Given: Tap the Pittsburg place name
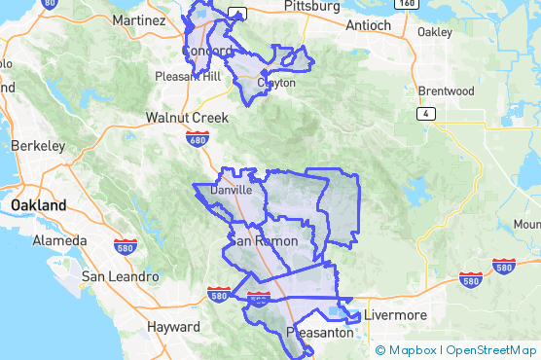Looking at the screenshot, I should tap(312, 6).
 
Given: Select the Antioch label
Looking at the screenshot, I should tap(368, 24).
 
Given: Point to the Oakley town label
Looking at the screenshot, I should tap(435, 31).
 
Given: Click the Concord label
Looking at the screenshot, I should tap(207, 51).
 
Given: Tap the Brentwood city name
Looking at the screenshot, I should tap(446, 91).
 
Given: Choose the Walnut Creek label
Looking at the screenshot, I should tap(187, 117).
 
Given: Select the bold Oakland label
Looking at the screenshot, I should tap(38, 205).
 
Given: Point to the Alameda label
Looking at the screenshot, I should tap(60, 240).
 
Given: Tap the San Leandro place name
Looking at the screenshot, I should tap(120, 277).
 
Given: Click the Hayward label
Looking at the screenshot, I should tap(173, 328).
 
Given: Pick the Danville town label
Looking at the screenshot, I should tap(232, 191).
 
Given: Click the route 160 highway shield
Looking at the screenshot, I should tap(409, 4).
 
